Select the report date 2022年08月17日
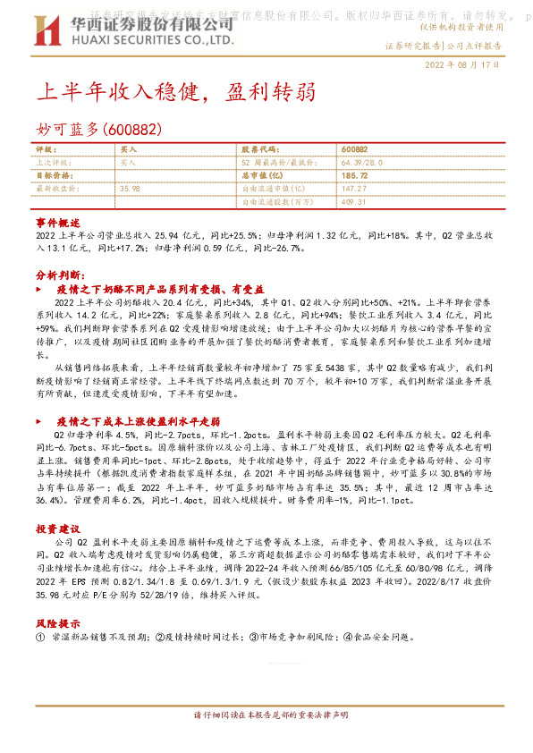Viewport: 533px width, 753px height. click(461, 66)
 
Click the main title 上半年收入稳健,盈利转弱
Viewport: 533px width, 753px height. click(174, 92)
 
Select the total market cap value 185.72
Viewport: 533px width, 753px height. click(355, 176)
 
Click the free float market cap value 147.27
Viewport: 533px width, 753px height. click(355, 190)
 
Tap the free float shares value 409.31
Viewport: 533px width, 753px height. click(355, 202)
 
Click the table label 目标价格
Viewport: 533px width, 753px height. click(51, 176)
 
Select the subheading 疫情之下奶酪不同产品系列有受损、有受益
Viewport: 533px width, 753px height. click(160, 290)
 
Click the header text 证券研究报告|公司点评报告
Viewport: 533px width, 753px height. click(443, 45)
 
